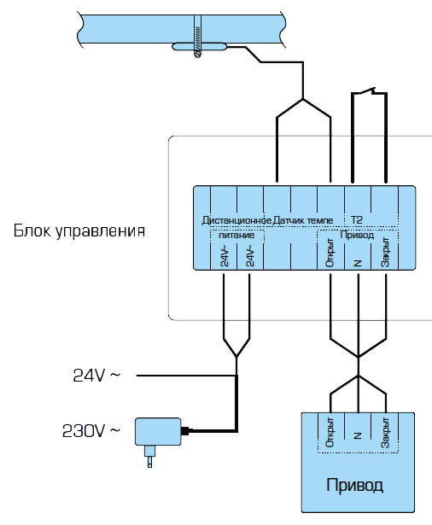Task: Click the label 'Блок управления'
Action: pyautogui.click(x=79, y=231)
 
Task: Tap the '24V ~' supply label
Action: pyautogui.click(x=96, y=376)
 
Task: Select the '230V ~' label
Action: pyautogui.click(x=91, y=431)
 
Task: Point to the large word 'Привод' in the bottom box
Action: pyautogui.click(x=354, y=485)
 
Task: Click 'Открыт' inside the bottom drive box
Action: pyautogui.click(x=330, y=432)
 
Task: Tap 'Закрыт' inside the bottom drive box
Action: pyautogui.click(x=385, y=432)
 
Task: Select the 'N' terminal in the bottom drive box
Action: pyautogui.click(x=358, y=435)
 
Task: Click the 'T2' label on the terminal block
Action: pyautogui.click(x=357, y=220)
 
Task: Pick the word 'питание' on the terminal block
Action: pyautogui.click(x=236, y=235)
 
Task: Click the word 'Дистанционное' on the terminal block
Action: pyautogui.click(x=236, y=220)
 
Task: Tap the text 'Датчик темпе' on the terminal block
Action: pyautogui.click(x=303, y=220)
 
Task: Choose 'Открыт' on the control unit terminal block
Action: pyautogui.click(x=330, y=253)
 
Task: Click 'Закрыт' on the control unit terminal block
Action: pyautogui.click(x=385, y=252)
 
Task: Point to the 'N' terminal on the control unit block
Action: pyautogui.click(x=358, y=263)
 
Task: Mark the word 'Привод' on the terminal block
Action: pyautogui.click(x=357, y=235)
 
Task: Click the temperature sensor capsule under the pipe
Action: pyautogui.click(x=200, y=47)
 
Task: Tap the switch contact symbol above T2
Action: pyautogui.click(x=369, y=91)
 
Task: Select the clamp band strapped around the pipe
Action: pyautogui.click(x=197, y=36)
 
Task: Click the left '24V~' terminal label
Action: pyautogui.click(x=225, y=258)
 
